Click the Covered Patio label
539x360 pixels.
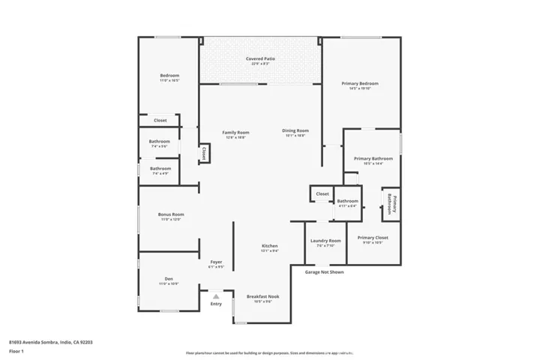[x=259, y=58]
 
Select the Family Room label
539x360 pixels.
[x=235, y=133]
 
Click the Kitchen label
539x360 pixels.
[x=270, y=246]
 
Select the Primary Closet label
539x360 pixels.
[x=373, y=238]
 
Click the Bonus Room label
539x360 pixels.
[x=171, y=214]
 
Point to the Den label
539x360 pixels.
[x=169, y=279]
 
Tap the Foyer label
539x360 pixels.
[x=216, y=262]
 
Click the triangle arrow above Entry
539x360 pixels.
[x=216, y=296]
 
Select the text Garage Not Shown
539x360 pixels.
[x=324, y=272]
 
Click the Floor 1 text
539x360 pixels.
[x=16, y=351]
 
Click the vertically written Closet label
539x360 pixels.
[x=203, y=153]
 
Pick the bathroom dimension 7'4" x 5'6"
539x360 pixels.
[x=159, y=146]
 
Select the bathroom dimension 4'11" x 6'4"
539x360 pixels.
[x=347, y=205]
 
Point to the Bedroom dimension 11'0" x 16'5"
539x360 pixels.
[x=169, y=79]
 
